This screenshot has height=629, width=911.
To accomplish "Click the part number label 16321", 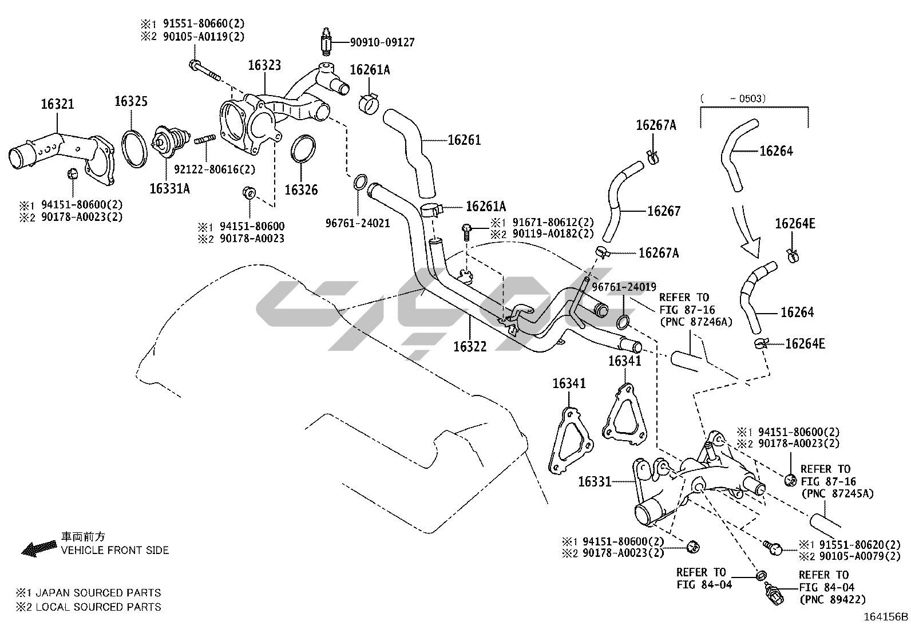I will (x=57, y=105).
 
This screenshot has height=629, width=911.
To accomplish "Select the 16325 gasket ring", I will (x=134, y=148).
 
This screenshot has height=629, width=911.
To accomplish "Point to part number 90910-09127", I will (x=383, y=42).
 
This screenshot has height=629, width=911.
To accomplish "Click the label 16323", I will (x=264, y=65).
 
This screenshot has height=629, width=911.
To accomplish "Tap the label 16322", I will (x=470, y=346).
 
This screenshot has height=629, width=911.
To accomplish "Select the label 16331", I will (x=595, y=481).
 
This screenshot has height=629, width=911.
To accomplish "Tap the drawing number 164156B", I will (x=886, y=617).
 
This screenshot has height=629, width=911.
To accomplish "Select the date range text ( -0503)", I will (x=734, y=98).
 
